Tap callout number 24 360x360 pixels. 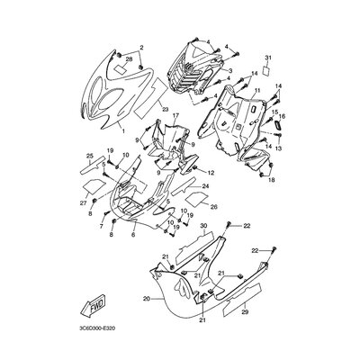tap(205, 186)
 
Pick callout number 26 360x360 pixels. tap(214, 205)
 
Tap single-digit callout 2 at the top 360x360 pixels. tap(140, 45)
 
